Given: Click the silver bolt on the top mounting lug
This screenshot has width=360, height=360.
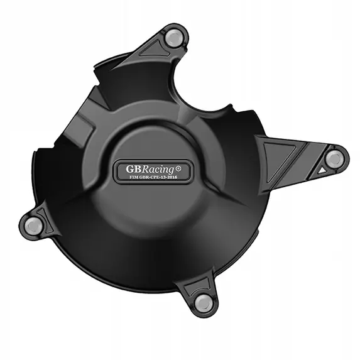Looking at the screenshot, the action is click(x=174, y=38).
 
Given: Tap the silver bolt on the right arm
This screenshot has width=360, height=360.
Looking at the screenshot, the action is click(x=334, y=159).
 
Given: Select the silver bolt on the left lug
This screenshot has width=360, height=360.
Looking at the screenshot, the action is click(x=33, y=226).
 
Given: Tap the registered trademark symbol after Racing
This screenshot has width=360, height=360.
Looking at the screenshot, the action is click(x=178, y=169).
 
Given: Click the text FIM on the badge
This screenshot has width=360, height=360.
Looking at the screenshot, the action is click(x=134, y=177).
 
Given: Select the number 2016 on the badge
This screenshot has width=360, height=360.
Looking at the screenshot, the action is click(x=173, y=177).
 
